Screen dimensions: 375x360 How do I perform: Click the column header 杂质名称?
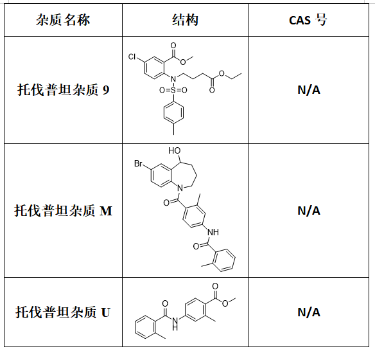(63, 20)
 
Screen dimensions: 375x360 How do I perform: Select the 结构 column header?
(185, 20)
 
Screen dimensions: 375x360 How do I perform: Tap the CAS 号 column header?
(308, 20)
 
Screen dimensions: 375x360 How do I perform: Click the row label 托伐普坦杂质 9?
(64, 90)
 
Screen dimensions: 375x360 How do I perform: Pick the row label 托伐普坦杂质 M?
(63, 211)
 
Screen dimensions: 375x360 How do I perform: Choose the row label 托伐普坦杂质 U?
(63, 312)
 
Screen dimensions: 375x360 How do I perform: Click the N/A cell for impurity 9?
(309, 90)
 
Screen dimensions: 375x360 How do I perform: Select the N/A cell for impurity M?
(309, 211)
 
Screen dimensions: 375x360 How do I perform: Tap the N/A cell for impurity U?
(309, 312)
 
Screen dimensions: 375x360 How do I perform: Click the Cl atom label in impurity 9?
(132, 57)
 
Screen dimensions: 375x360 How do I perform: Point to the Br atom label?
(138, 163)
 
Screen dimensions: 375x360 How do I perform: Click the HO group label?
(175, 150)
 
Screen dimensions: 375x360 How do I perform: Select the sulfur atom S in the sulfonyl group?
(173, 90)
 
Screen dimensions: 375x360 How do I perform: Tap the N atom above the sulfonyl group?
(173, 78)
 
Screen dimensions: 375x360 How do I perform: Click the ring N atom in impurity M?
(180, 188)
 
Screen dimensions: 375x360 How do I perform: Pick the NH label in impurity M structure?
(213, 232)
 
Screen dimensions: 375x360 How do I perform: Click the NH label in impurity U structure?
(175, 323)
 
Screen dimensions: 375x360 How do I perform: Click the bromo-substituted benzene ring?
(161, 175)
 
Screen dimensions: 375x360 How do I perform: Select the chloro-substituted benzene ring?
(154, 68)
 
